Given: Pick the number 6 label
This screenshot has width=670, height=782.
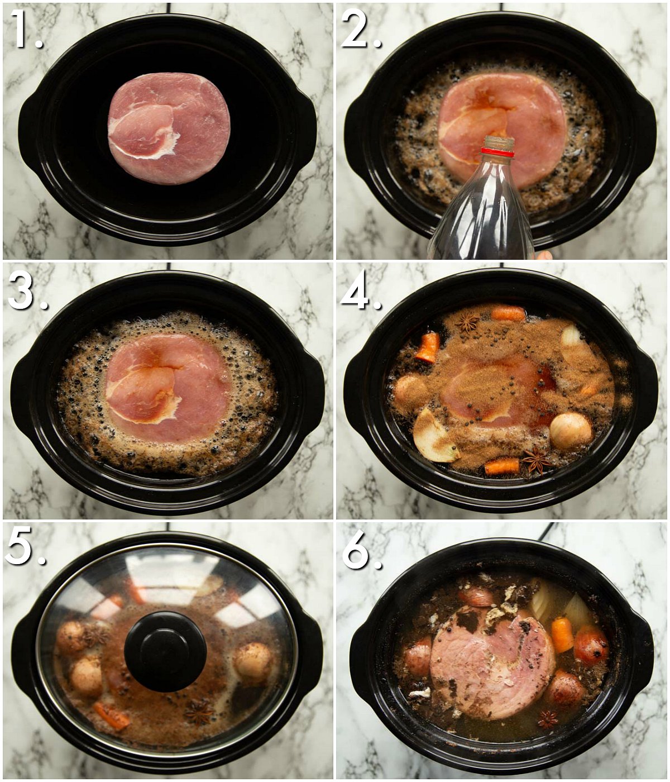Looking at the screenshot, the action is [362, 549].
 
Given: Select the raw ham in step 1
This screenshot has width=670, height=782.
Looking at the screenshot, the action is [169, 128].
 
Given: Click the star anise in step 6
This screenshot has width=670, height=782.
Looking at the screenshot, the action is [548, 722].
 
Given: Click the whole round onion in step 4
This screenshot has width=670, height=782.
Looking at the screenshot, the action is [571, 430].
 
